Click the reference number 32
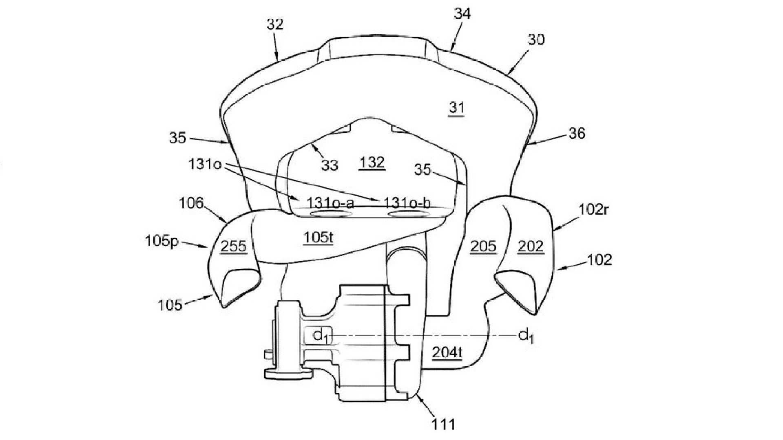(275, 24)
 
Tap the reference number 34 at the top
(462, 13)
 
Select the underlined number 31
(456, 108)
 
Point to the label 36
(576, 133)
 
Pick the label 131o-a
(330, 202)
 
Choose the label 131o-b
(406, 202)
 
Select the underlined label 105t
(319, 238)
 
